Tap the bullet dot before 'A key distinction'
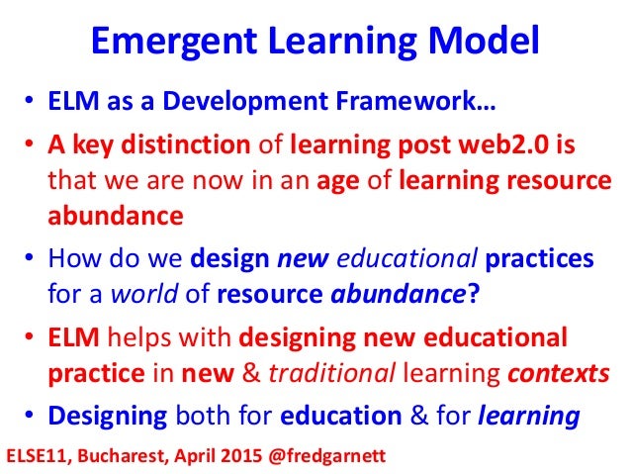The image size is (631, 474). click(31, 148)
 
